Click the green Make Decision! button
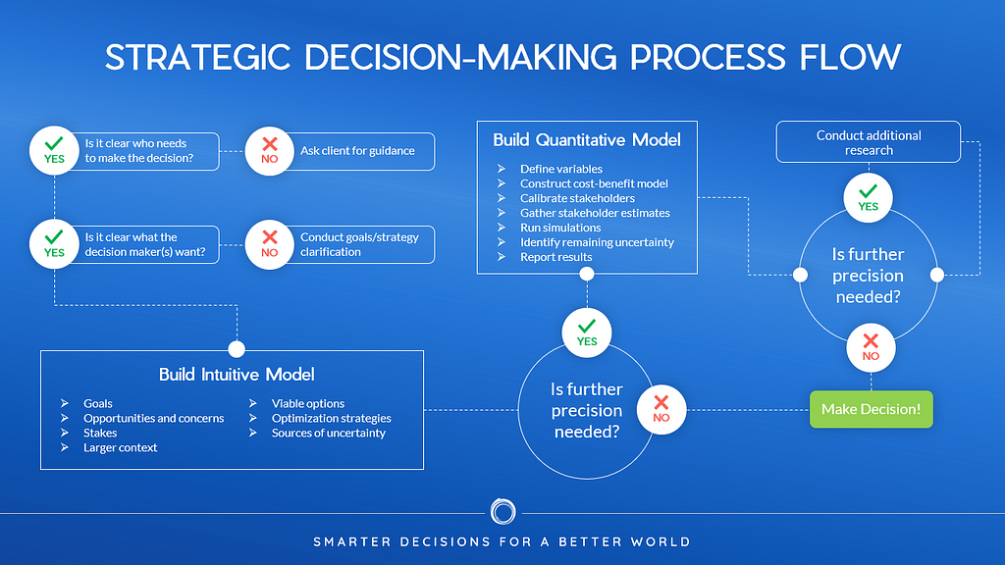[x=871, y=409]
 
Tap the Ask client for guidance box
[x=357, y=151]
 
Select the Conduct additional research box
[x=869, y=142]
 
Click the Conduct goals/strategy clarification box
[x=357, y=244]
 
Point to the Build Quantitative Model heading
[x=587, y=139]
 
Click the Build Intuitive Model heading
[x=237, y=374]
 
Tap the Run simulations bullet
[x=561, y=227]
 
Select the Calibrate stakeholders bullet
[x=577, y=198]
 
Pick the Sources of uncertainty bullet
[x=328, y=433]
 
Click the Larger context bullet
[x=120, y=447]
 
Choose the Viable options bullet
[x=308, y=403]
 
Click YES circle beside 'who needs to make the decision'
[x=54, y=150]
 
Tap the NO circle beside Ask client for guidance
[x=269, y=151]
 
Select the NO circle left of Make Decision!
[x=661, y=409]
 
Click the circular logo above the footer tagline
[x=502, y=512]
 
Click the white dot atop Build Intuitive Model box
[x=237, y=349]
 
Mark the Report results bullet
[x=555, y=257]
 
